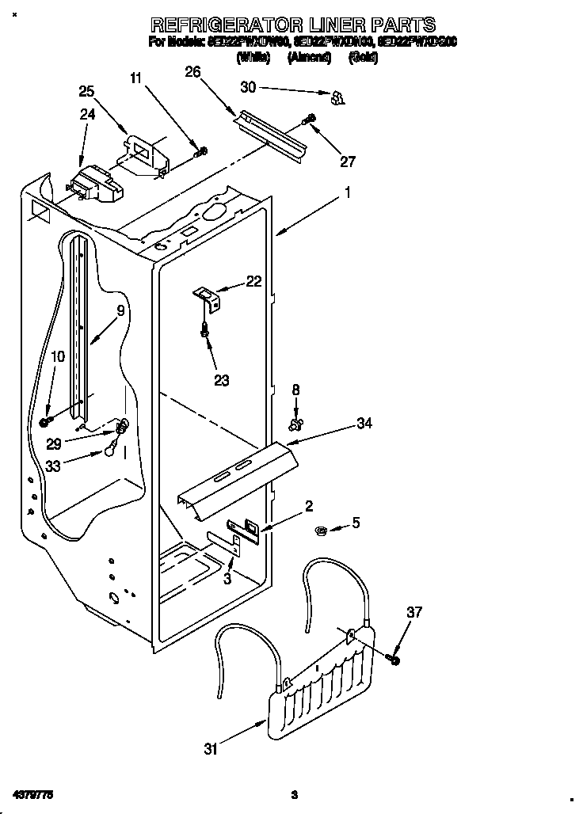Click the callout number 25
[x=86, y=90]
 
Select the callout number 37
[x=414, y=612]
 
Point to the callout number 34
[x=364, y=424]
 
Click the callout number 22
[x=253, y=281]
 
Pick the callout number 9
[x=120, y=311]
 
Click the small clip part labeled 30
[x=337, y=97]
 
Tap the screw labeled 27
[x=309, y=120]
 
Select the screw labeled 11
[x=201, y=150]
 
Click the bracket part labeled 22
[x=208, y=297]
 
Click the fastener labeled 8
[x=296, y=425]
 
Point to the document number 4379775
[x=32, y=793]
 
